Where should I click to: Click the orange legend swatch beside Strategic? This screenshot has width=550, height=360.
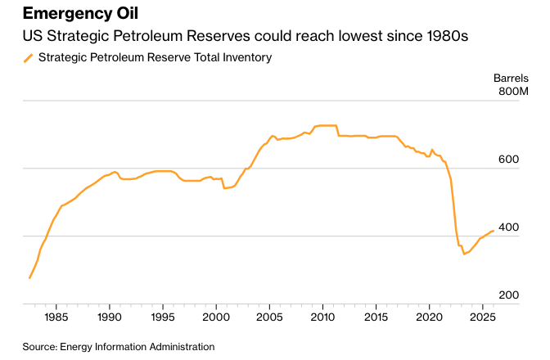[28, 57]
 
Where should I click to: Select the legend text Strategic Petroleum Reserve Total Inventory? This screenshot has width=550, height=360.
[155, 57]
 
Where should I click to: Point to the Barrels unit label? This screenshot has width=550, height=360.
[511, 78]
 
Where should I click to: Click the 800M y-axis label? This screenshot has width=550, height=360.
[514, 92]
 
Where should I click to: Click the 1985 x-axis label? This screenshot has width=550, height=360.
[56, 317]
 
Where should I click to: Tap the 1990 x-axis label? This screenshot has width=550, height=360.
[110, 317]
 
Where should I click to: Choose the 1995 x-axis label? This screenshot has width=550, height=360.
[163, 317]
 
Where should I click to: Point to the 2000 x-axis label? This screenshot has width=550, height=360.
[216, 317]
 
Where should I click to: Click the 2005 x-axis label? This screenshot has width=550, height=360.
[269, 317]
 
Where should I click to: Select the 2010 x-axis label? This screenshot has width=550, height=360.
[322, 317]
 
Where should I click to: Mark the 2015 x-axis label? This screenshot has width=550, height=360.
[376, 317]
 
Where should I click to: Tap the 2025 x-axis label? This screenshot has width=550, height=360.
[482, 317]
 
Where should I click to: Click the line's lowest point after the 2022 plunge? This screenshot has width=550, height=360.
[464, 254]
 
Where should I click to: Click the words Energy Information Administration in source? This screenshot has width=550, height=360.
[137, 347]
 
